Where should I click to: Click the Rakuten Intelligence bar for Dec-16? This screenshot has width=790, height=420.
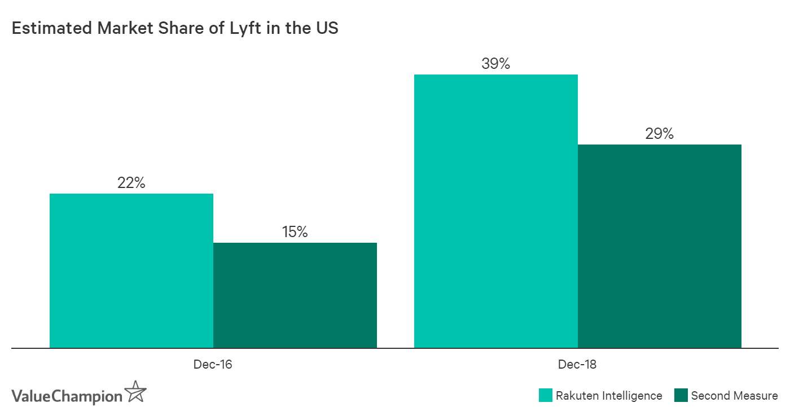131,271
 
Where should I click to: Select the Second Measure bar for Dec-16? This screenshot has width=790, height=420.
295,295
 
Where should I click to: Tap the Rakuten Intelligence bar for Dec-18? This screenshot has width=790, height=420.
496,211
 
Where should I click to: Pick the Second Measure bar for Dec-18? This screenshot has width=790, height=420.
660,246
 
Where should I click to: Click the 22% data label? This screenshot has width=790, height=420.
131,183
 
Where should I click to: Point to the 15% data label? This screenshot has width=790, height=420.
295,232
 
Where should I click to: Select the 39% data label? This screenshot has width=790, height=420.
496,64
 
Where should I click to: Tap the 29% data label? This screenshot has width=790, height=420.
660,134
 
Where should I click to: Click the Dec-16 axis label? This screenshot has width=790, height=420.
213,365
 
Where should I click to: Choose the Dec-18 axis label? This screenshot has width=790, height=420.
577,365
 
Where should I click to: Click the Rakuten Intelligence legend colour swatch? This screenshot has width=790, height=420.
545,396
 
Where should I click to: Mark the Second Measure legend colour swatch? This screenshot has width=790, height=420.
681,396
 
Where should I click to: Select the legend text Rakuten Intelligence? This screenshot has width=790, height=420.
609,396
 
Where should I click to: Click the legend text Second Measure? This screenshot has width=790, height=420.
734,396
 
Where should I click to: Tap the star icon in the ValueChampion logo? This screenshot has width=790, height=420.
136,391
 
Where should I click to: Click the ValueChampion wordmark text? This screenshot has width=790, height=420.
67,396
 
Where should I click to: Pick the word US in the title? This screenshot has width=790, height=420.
327,28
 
